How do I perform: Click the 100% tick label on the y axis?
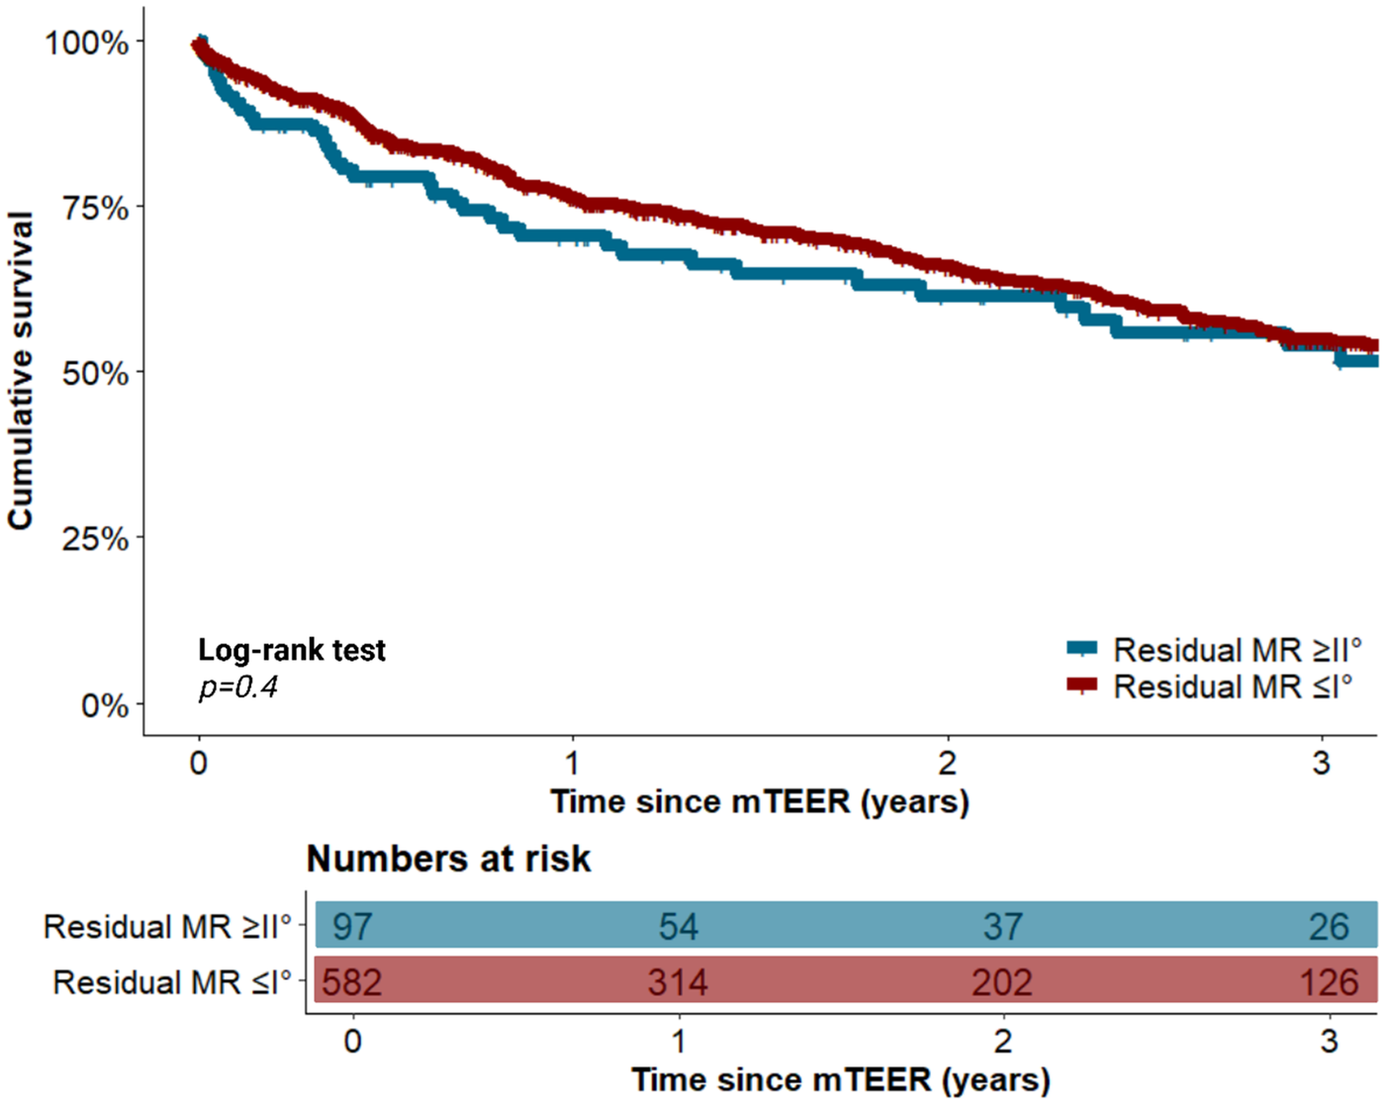[x=87, y=43]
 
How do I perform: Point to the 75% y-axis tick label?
[x=95, y=208]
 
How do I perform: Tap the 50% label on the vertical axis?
[x=95, y=374]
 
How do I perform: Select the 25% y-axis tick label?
[x=95, y=539]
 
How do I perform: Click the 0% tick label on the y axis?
[x=104, y=705]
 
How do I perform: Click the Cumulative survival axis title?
[x=21, y=370]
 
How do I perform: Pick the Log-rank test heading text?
[x=292, y=650]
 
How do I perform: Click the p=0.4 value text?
[x=238, y=687]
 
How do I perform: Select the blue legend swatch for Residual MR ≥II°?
[x=1082, y=649]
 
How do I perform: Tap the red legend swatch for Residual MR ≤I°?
[x=1082, y=685]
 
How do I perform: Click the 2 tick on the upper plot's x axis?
[x=948, y=763]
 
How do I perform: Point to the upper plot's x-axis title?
[x=759, y=801]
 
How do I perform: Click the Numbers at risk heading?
[x=448, y=859]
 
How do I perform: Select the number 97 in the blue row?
[x=352, y=927]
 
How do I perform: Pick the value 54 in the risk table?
[x=679, y=927]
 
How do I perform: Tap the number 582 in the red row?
[x=351, y=982]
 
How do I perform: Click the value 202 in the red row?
[x=1002, y=982]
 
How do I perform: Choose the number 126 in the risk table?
[x=1329, y=982]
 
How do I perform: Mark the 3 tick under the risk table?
[x=1329, y=1041]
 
